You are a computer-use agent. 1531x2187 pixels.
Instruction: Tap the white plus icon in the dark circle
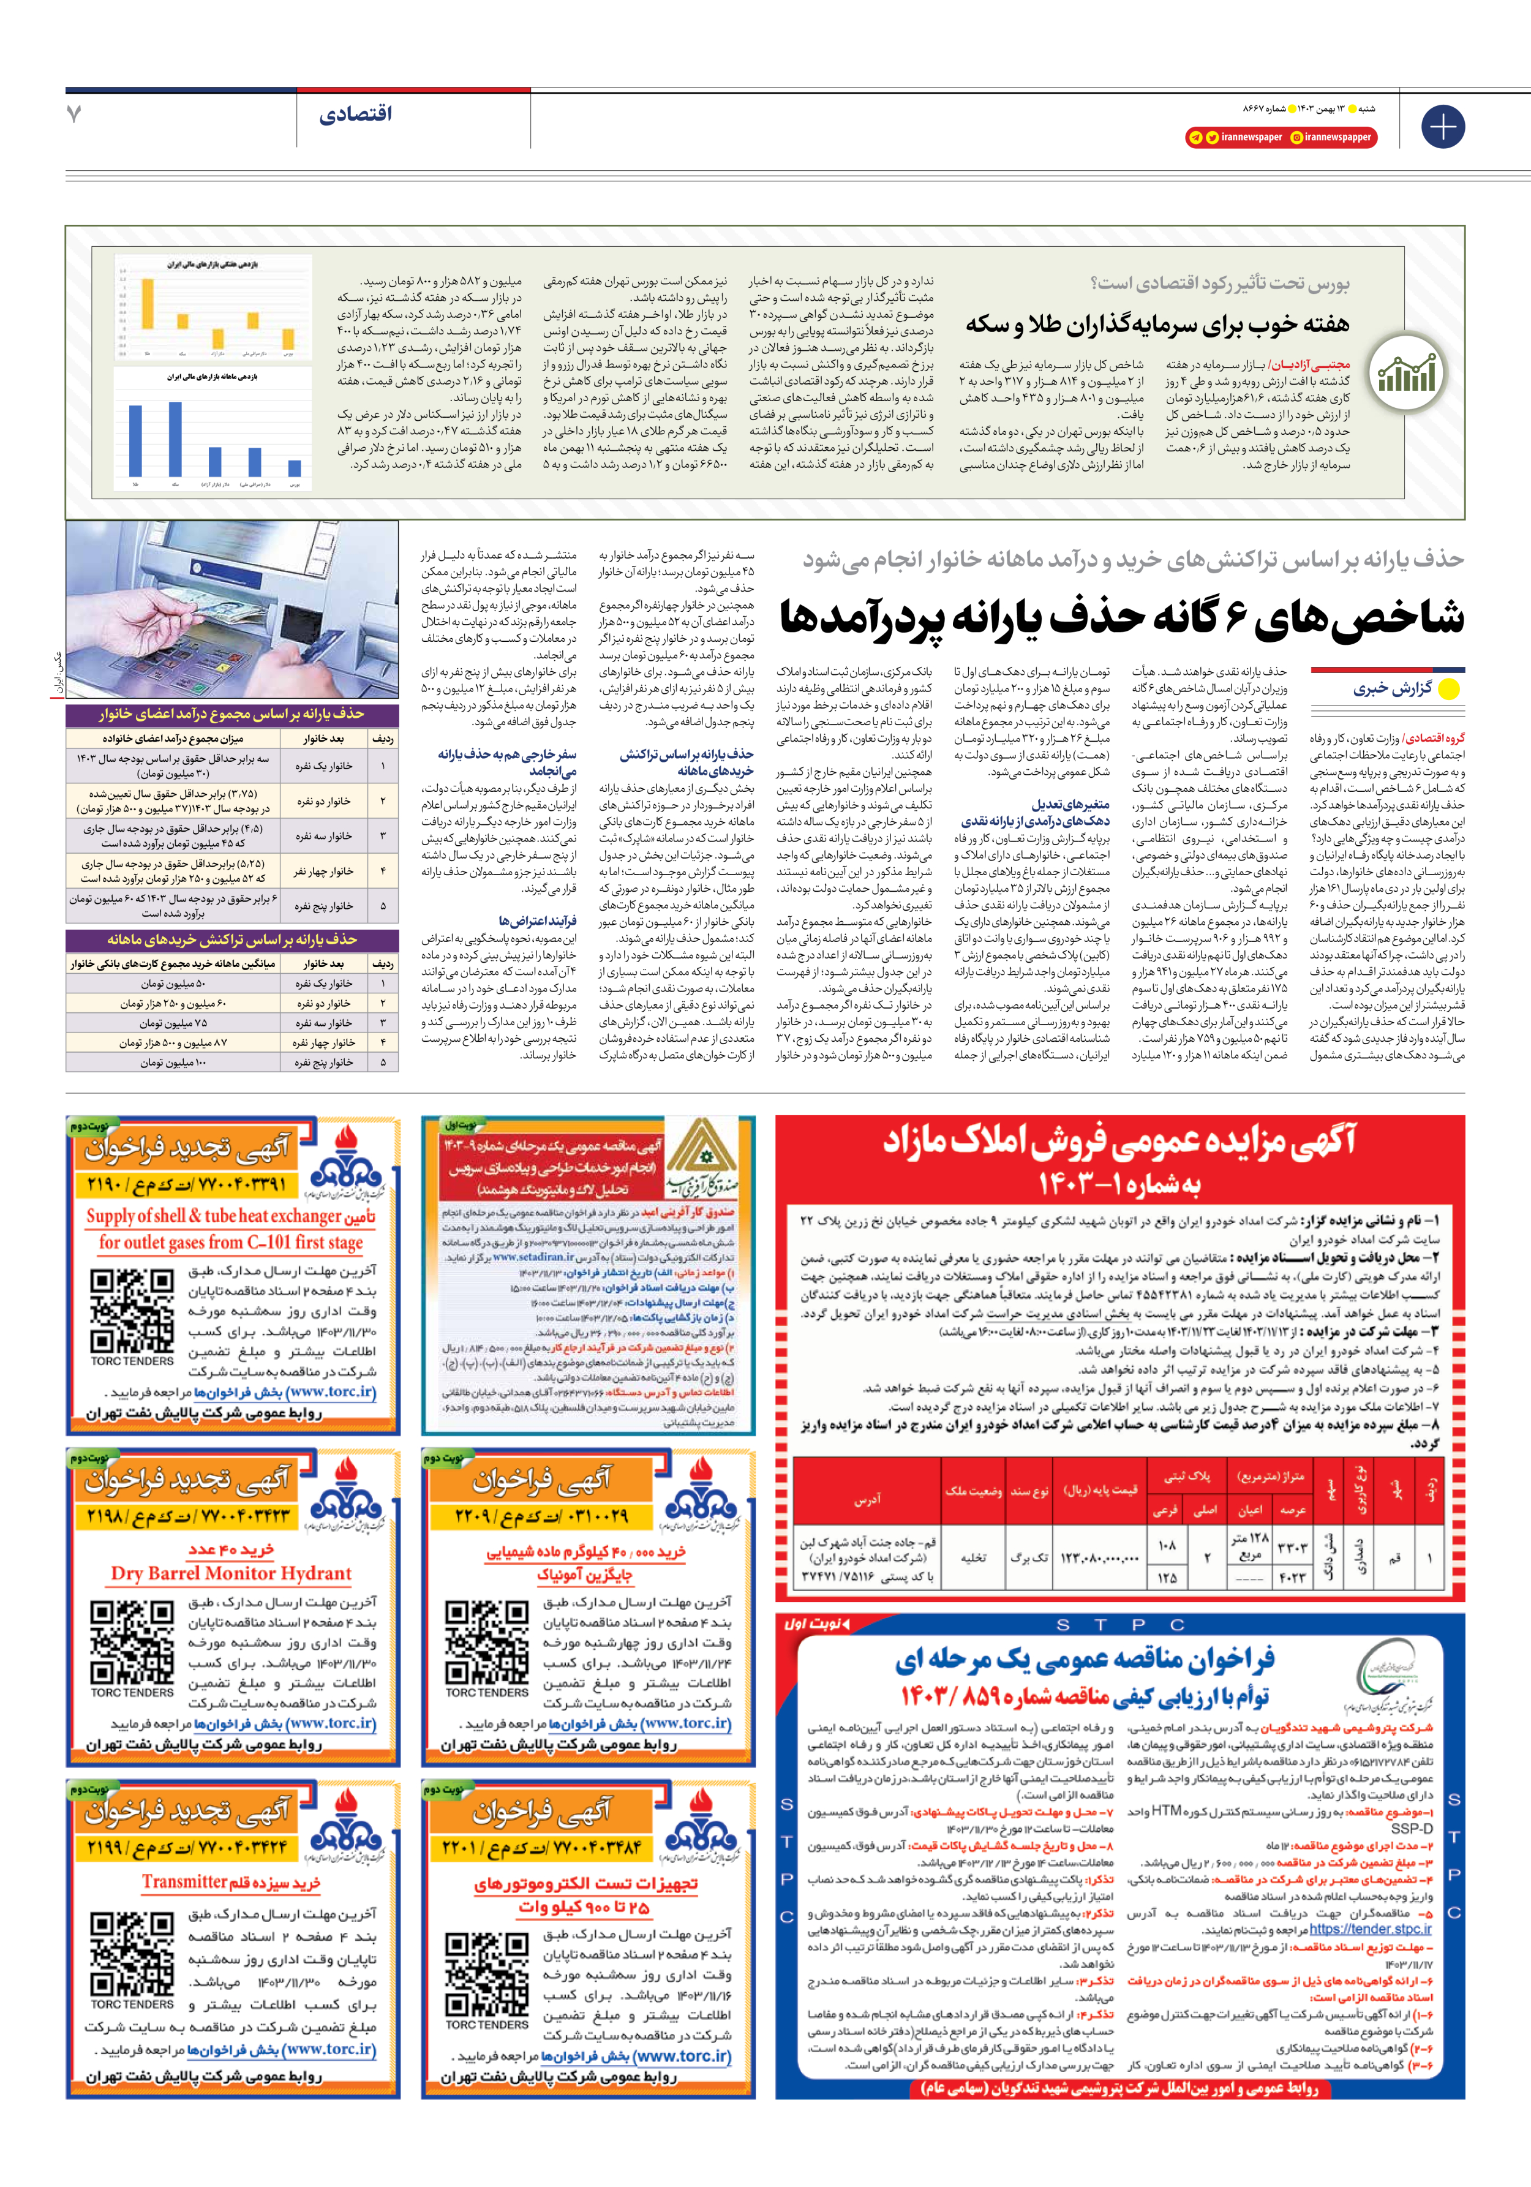1442,126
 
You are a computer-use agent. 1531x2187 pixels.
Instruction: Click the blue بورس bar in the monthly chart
295,468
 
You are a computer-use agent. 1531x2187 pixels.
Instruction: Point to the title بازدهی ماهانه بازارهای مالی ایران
213,377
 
